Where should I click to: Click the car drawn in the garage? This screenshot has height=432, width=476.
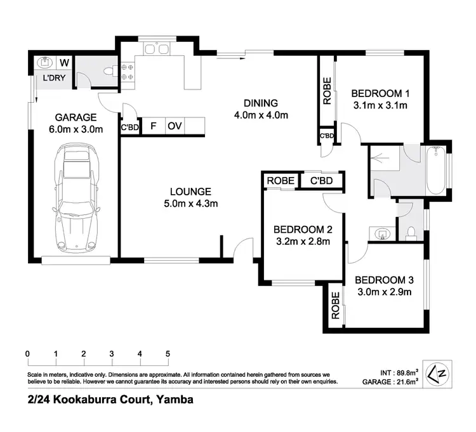[78, 198]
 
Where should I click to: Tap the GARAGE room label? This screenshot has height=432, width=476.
[75, 117]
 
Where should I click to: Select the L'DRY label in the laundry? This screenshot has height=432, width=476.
[52, 79]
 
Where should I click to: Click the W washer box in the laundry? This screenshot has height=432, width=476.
[64, 63]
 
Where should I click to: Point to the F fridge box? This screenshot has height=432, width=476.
[153, 126]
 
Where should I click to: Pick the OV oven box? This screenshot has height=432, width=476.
[175, 126]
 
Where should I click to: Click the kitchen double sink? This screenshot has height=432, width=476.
[155, 49]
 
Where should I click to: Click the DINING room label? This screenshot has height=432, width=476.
[261, 103]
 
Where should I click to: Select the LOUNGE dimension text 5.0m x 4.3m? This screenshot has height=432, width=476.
[190, 204]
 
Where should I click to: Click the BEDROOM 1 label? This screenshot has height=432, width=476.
[380, 93]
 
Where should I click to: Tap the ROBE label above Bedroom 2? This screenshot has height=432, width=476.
[280, 181]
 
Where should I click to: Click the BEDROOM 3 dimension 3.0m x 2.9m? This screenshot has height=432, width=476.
[383, 292]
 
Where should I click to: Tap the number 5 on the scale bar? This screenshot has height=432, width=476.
[168, 353]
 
